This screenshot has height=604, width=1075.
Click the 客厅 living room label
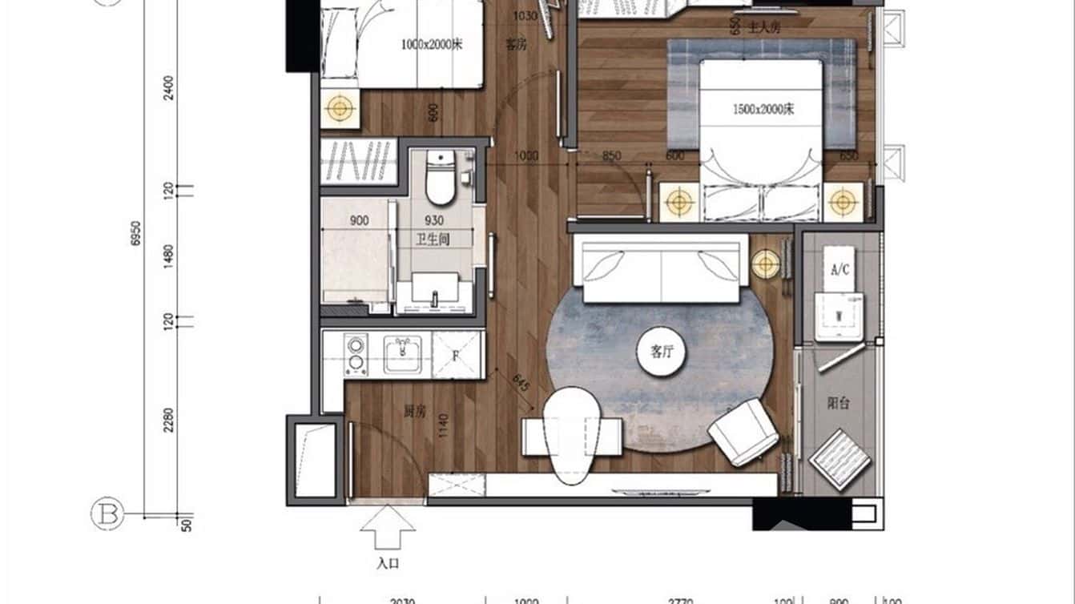(x=661, y=352)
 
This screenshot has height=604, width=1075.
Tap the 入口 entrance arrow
(x=388, y=529)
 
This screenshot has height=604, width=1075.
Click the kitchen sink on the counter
(x=403, y=354)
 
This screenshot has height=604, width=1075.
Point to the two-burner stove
(x=355, y=355)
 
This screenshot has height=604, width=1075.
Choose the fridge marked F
(x=457, y=354)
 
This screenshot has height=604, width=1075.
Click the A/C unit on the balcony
(x=839, y=270)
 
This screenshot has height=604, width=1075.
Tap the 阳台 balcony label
(x=839, y=404)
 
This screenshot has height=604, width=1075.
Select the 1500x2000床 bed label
(x=763, y=110)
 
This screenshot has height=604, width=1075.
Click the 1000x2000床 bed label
(x=432, y=45)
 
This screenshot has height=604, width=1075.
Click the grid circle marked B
(x=107, y=514)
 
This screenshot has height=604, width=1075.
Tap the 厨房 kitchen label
(x=414, y=412)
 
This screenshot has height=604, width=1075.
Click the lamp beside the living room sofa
(x=766, y=264)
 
